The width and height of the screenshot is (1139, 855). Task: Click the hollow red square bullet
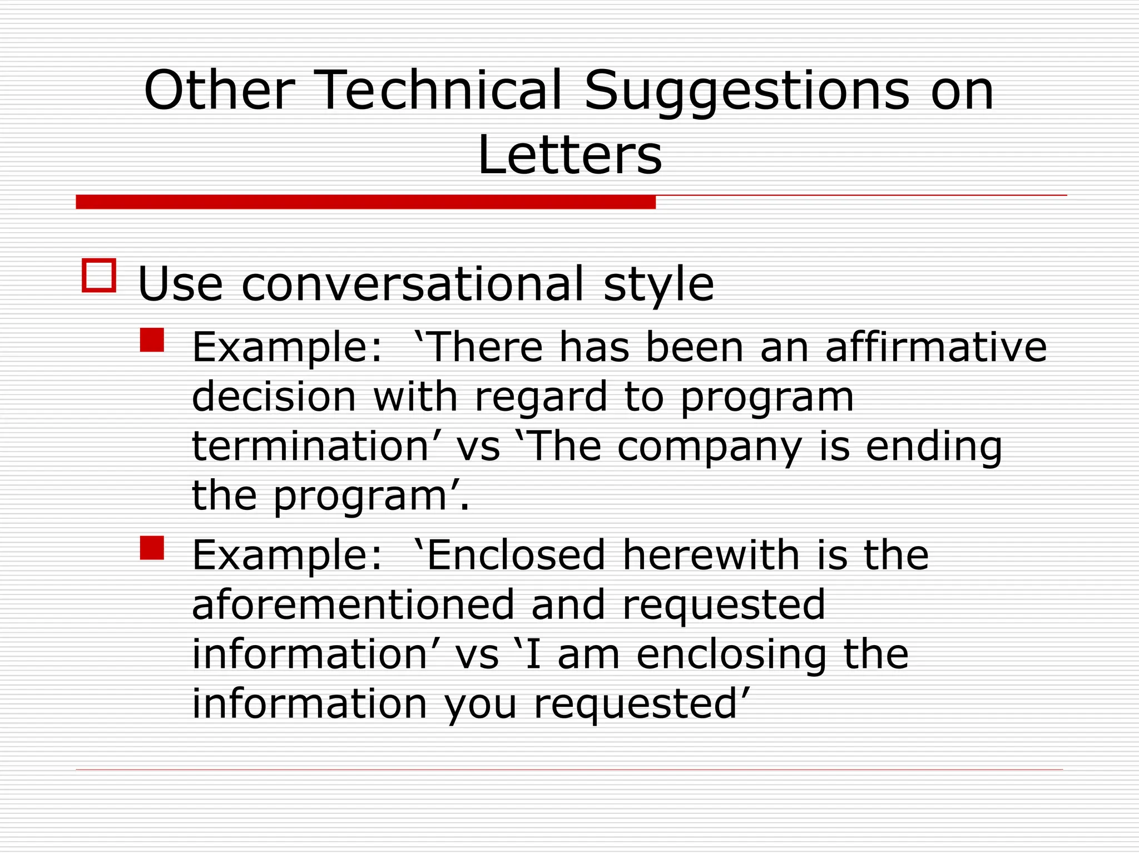click(99, 275)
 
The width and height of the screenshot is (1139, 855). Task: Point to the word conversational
click(413, 284)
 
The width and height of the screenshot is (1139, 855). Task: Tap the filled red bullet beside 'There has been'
click(152, 340)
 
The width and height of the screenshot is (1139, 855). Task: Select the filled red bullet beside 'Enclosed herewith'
click(152, 548)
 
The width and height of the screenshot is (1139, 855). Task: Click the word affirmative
click(935, 347)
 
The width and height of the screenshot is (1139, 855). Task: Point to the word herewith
click(711, 555)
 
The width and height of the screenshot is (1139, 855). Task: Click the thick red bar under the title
click(365, 202)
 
